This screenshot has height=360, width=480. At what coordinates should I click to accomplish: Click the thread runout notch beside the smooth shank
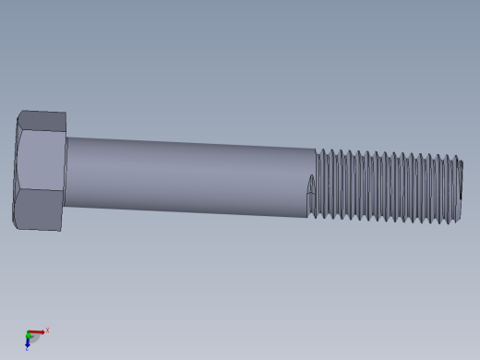point(311,191)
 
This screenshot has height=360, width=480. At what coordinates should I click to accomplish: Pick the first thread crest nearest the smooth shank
point(318,185)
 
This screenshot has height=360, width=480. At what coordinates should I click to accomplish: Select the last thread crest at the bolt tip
point(455,190)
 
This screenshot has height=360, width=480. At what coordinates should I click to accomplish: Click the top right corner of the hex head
point(66,114)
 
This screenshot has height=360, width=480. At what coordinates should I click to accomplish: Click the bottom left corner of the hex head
point(14,225)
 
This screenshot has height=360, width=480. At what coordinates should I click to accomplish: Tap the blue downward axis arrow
point(28,343)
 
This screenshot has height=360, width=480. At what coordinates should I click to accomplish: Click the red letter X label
point(47,330)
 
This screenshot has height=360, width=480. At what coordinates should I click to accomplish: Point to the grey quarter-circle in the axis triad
point(35,339)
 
